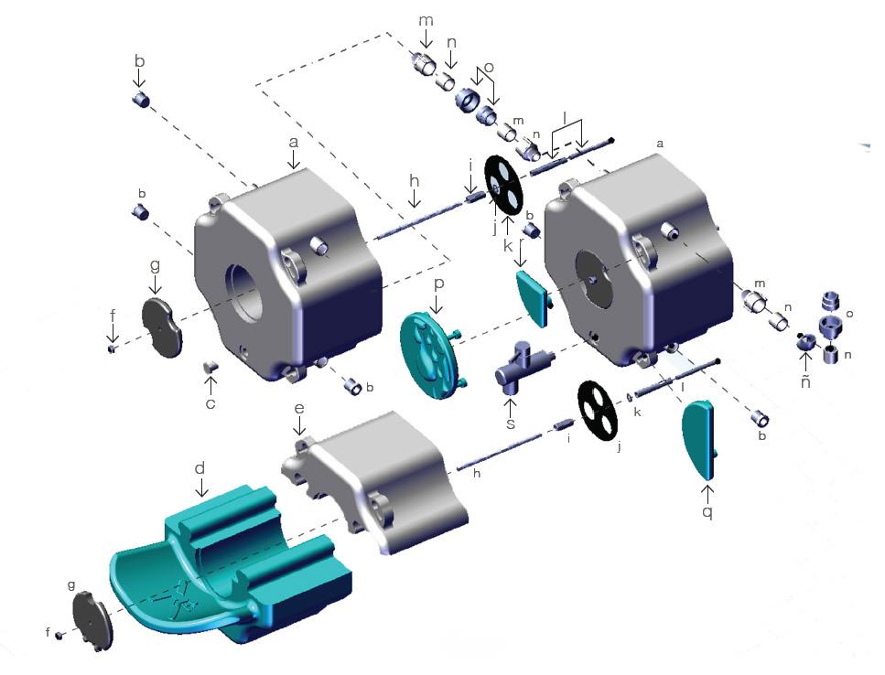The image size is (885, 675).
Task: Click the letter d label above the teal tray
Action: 200,468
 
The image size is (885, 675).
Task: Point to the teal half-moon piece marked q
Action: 700,439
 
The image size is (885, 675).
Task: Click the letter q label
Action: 707,512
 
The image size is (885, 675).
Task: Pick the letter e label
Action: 299,408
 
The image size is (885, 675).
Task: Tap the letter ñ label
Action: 805,381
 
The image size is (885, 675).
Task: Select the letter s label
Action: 511,423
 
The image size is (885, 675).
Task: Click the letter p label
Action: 439,284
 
